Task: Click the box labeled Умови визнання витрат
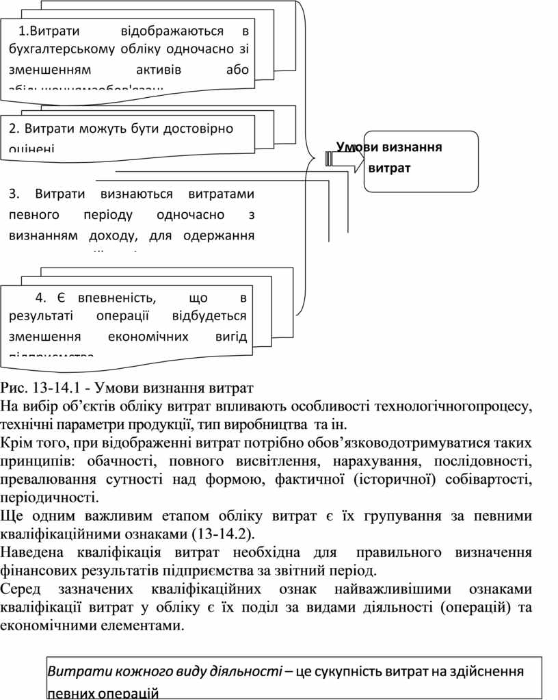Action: coord(420,159)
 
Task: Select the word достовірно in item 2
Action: coord(198,128)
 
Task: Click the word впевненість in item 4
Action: coord(117,297)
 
